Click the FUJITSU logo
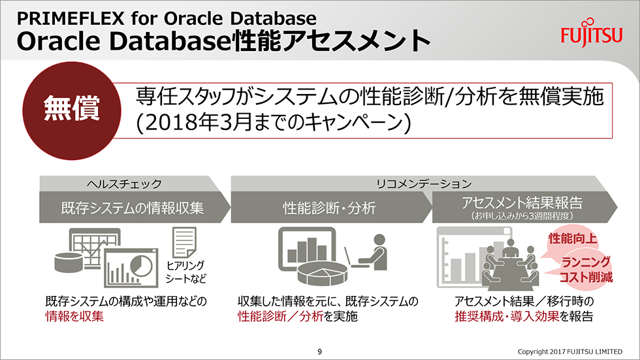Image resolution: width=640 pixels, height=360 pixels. click(x=592, y=33)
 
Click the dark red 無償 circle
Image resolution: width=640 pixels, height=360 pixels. click(x=72, y=110)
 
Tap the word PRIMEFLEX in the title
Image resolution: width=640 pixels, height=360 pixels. click(x=71, y=18)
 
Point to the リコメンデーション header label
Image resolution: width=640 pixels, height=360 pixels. click(x=423, y=184)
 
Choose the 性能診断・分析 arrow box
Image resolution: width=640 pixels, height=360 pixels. click(x=331, y=207)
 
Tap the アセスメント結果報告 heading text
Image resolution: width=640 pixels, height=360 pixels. click(x=522, y=203)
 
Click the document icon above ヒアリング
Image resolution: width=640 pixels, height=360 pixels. click(x=184, y=242)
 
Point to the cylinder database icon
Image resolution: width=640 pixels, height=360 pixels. click(x=69, y=263)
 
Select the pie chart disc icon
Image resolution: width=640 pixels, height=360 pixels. click(x=323, y=272)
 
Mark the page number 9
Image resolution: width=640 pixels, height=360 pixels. click(x=319, y=352)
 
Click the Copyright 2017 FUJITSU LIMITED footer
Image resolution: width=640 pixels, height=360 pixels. click(x=569, y=352)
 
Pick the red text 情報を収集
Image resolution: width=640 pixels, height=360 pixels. click(x=74, y=316)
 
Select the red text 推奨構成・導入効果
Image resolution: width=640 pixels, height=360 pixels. click(x=507, y=316)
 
